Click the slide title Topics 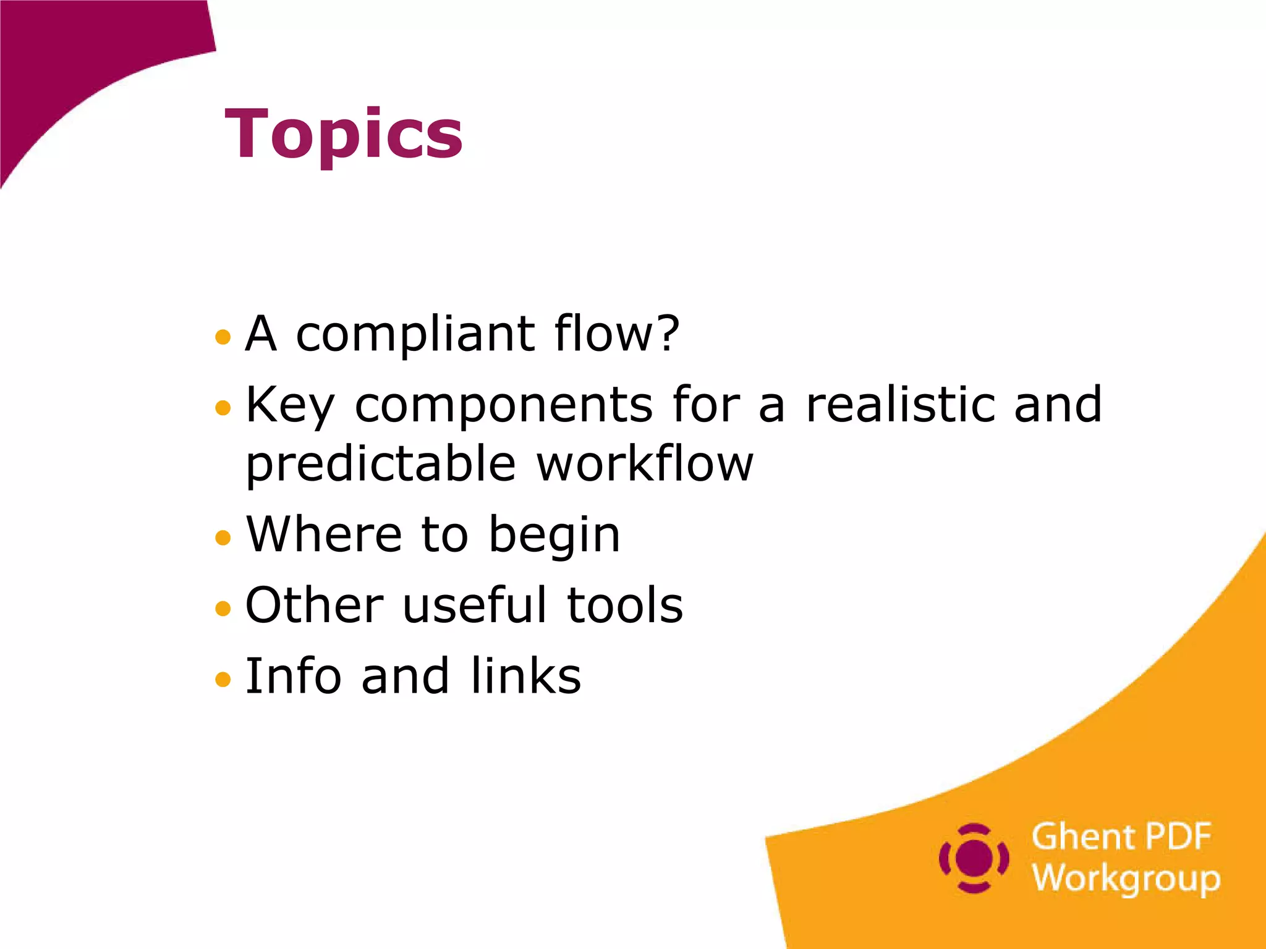344,135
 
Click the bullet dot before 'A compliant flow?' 223,337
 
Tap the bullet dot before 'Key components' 223,408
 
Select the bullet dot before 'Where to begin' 223,538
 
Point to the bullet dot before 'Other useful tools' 223,609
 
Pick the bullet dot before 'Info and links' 223,680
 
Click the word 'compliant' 415,335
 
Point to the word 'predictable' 381,465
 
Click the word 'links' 525,675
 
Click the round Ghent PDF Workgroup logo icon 974,858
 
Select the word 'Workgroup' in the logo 1126,879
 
